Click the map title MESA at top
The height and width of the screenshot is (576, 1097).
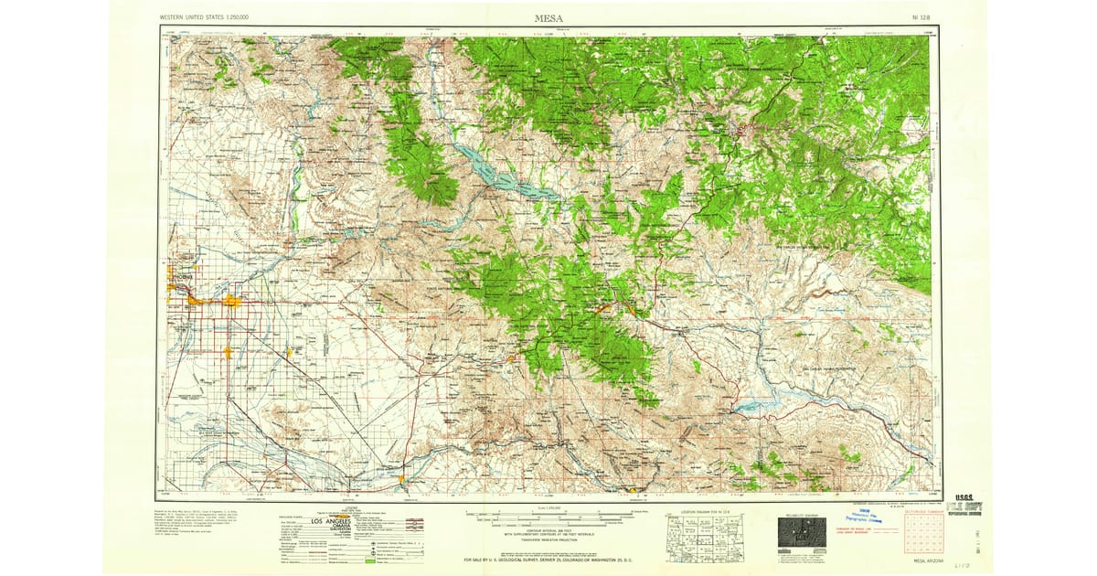(548, 17)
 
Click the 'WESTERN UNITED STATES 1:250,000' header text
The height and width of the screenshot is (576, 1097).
(204, 17)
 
